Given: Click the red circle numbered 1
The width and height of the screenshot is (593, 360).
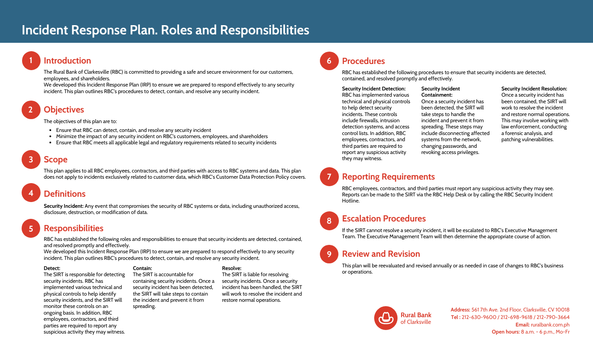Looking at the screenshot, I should (30, 61).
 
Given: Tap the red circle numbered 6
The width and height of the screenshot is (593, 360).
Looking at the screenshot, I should (329, 61).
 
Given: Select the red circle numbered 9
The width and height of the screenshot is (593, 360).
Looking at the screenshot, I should (329, 254).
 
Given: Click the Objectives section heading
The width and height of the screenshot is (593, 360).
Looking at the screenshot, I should (64, 110).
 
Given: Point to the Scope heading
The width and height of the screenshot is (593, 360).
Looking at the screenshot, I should (56, 160).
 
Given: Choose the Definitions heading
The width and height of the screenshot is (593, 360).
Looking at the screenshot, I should (64, 194).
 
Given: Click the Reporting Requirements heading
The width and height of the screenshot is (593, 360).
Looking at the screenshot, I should (388, 177).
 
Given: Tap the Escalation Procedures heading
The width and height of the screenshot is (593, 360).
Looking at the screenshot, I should (384, 219).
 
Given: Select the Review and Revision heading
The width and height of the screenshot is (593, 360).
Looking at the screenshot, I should (381, 254).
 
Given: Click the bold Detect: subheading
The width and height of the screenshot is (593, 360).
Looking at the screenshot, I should (52, 268).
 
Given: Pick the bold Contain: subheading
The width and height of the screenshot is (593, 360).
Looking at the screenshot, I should (143, 268).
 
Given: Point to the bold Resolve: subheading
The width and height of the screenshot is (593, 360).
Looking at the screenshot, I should (232, 268).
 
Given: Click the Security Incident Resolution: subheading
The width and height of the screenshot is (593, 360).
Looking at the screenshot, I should (534, 89).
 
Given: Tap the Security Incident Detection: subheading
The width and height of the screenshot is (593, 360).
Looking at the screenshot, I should (374, 89).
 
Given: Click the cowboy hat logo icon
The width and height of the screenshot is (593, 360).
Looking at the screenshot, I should (386, 318).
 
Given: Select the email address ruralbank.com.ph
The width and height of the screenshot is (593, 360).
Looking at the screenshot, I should (550, 325).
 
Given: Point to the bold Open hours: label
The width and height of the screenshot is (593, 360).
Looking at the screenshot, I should (506, 332).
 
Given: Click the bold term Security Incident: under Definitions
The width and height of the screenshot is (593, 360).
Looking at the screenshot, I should (64, 206).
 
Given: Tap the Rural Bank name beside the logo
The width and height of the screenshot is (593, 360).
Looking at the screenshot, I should (416, 315).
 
